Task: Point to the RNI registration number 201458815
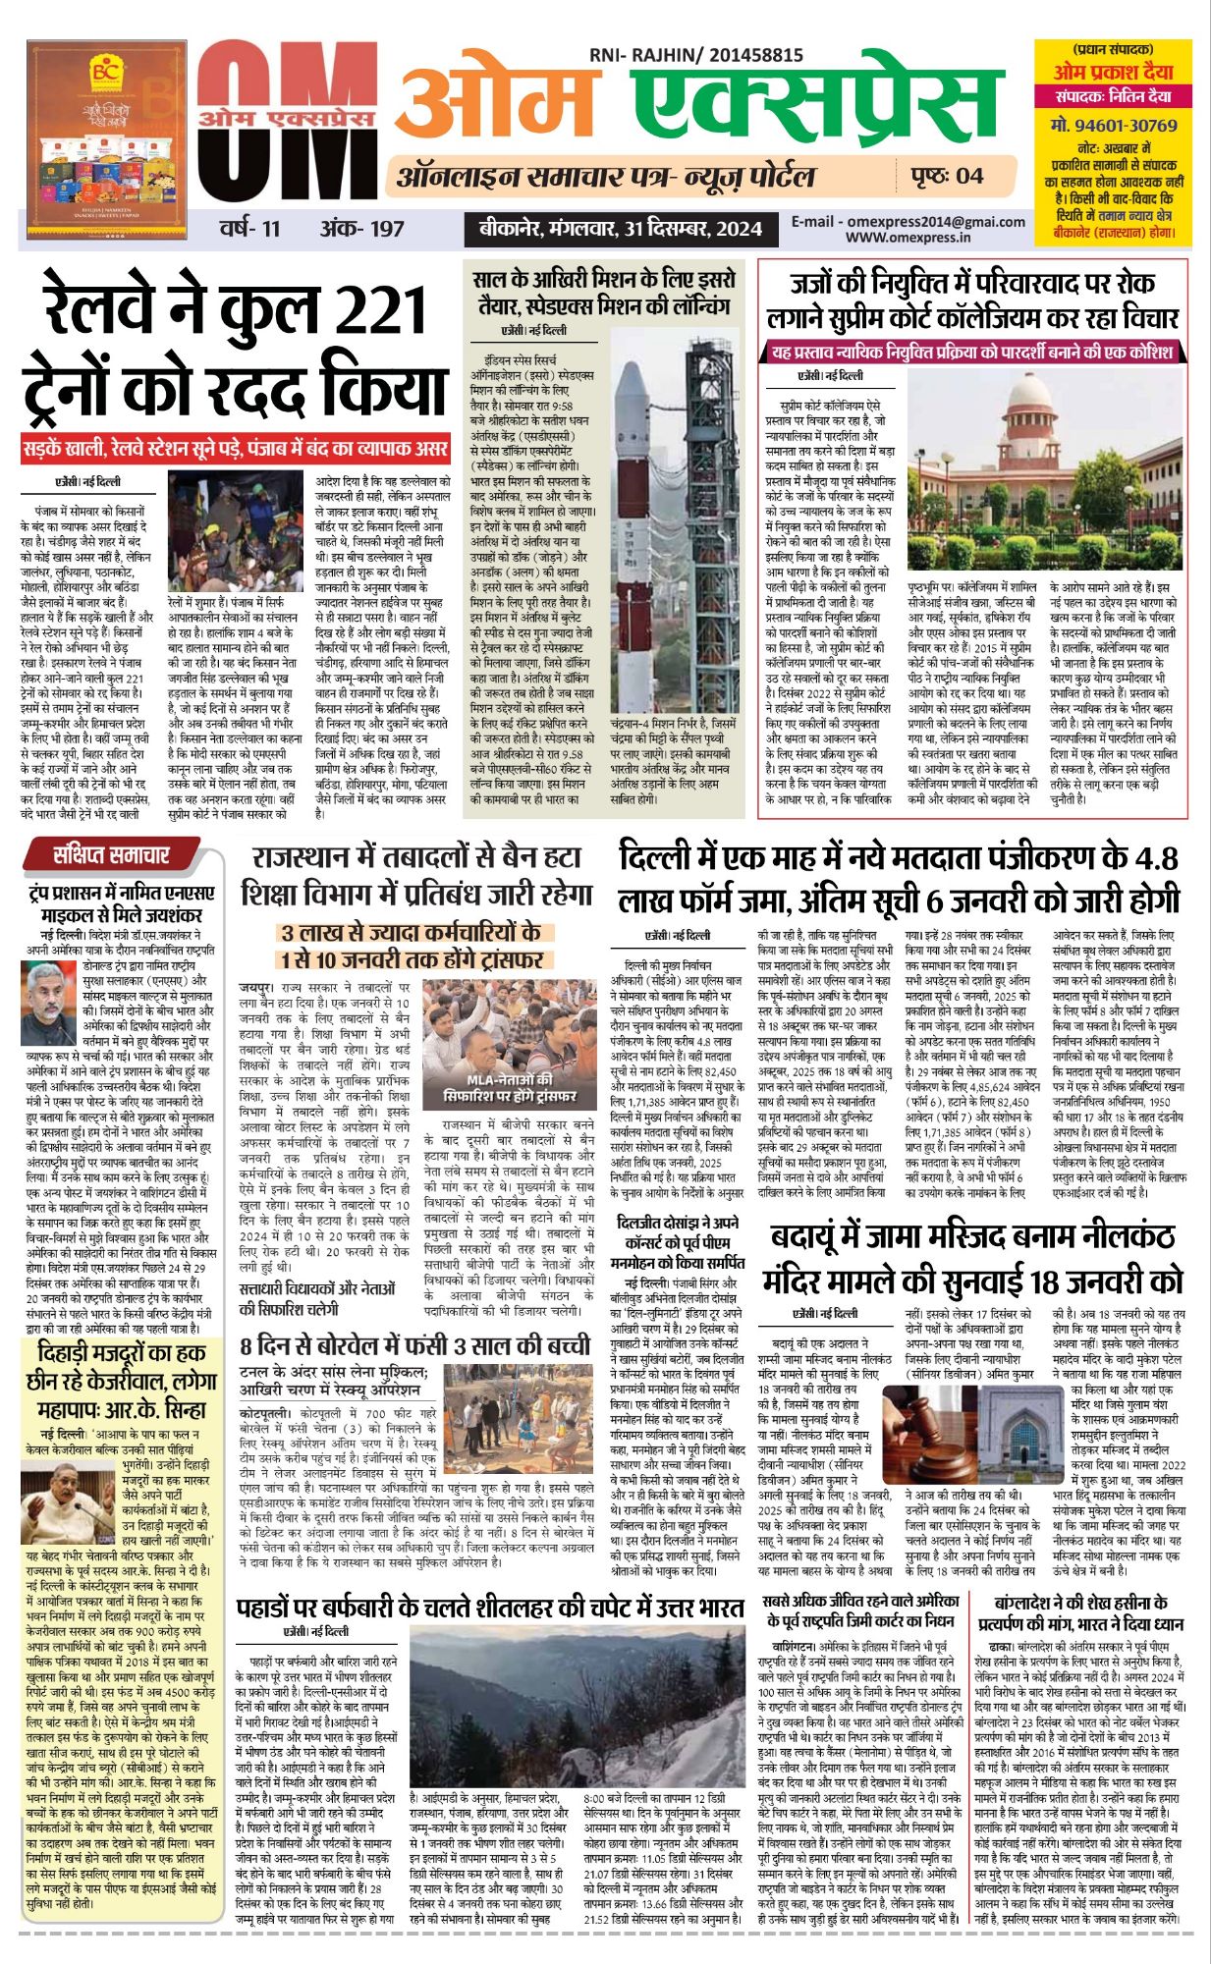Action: pyautogui.click(x=753, y=56)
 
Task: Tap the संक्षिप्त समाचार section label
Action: pyautogui.click(x=111, y=855)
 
